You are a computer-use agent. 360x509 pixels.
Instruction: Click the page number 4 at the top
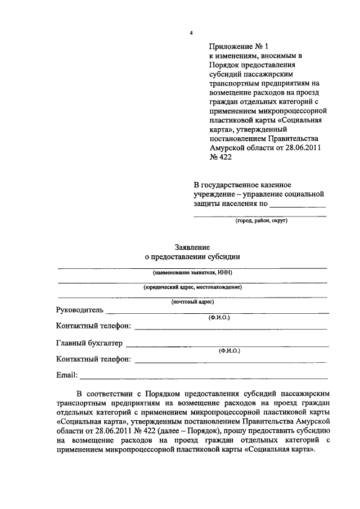pos(191,34)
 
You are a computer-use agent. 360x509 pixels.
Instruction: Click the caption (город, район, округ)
pos(261,220)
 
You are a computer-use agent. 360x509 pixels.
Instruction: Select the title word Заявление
pos(192,247)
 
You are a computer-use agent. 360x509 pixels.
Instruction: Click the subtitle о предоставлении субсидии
pos(192,257)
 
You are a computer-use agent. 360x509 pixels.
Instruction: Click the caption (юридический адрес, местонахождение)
pos(192,287)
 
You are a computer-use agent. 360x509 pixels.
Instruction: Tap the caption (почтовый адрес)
pos(192,302)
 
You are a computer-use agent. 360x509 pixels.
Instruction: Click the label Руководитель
pos(80,310)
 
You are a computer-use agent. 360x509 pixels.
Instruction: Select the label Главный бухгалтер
pos(89,343)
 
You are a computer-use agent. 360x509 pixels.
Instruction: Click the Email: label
pos(67,375)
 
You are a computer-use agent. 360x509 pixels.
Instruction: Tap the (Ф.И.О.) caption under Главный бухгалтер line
pos(229,350)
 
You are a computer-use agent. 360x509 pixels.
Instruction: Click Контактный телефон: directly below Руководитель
pos(94,326)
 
